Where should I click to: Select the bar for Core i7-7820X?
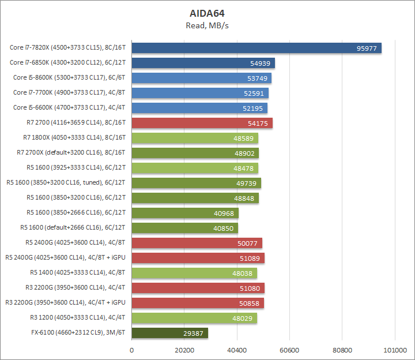click(x=256, y=48)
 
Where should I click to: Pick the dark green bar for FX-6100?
click(x=170, y=333)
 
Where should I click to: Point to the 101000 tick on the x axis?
click(x=395, y=350)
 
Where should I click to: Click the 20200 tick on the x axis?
click(x=184, y=350)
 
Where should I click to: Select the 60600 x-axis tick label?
click(x=289, y=350)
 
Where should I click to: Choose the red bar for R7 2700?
click(x=202, y=123)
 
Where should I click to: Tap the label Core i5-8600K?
click(x=70, y=78)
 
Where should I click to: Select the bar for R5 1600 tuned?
click(x=196, y=183)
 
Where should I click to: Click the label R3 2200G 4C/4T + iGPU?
click(x=65, y=303)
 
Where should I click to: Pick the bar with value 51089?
click(x=198, y=258)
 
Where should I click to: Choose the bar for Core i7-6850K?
click(x=203, y=63)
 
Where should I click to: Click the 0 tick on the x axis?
click(x=132, y=350)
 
